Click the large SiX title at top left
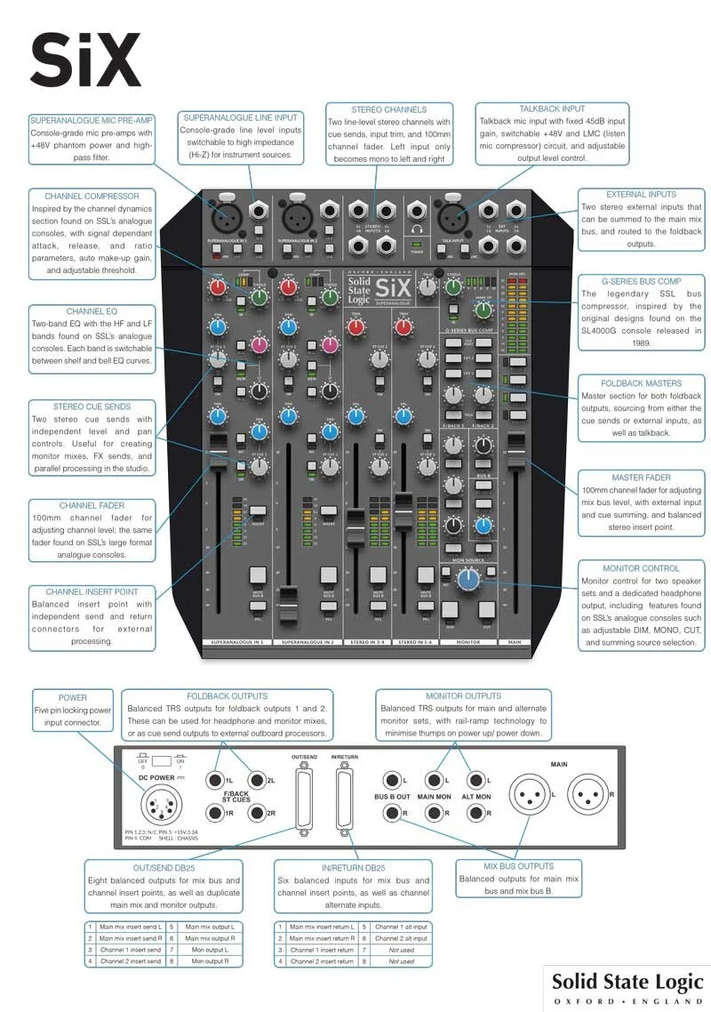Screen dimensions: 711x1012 [85, 59]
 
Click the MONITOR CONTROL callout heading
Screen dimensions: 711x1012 [641, 568]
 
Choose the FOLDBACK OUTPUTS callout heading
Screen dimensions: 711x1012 [228, 696]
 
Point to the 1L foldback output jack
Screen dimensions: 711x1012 [215, 780]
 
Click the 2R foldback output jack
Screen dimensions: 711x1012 [258, 813]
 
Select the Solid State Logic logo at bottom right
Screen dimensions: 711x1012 [627, 987]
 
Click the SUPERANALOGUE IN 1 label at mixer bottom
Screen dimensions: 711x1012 [237, 641]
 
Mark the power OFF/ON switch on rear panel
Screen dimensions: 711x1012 [162, 761]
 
